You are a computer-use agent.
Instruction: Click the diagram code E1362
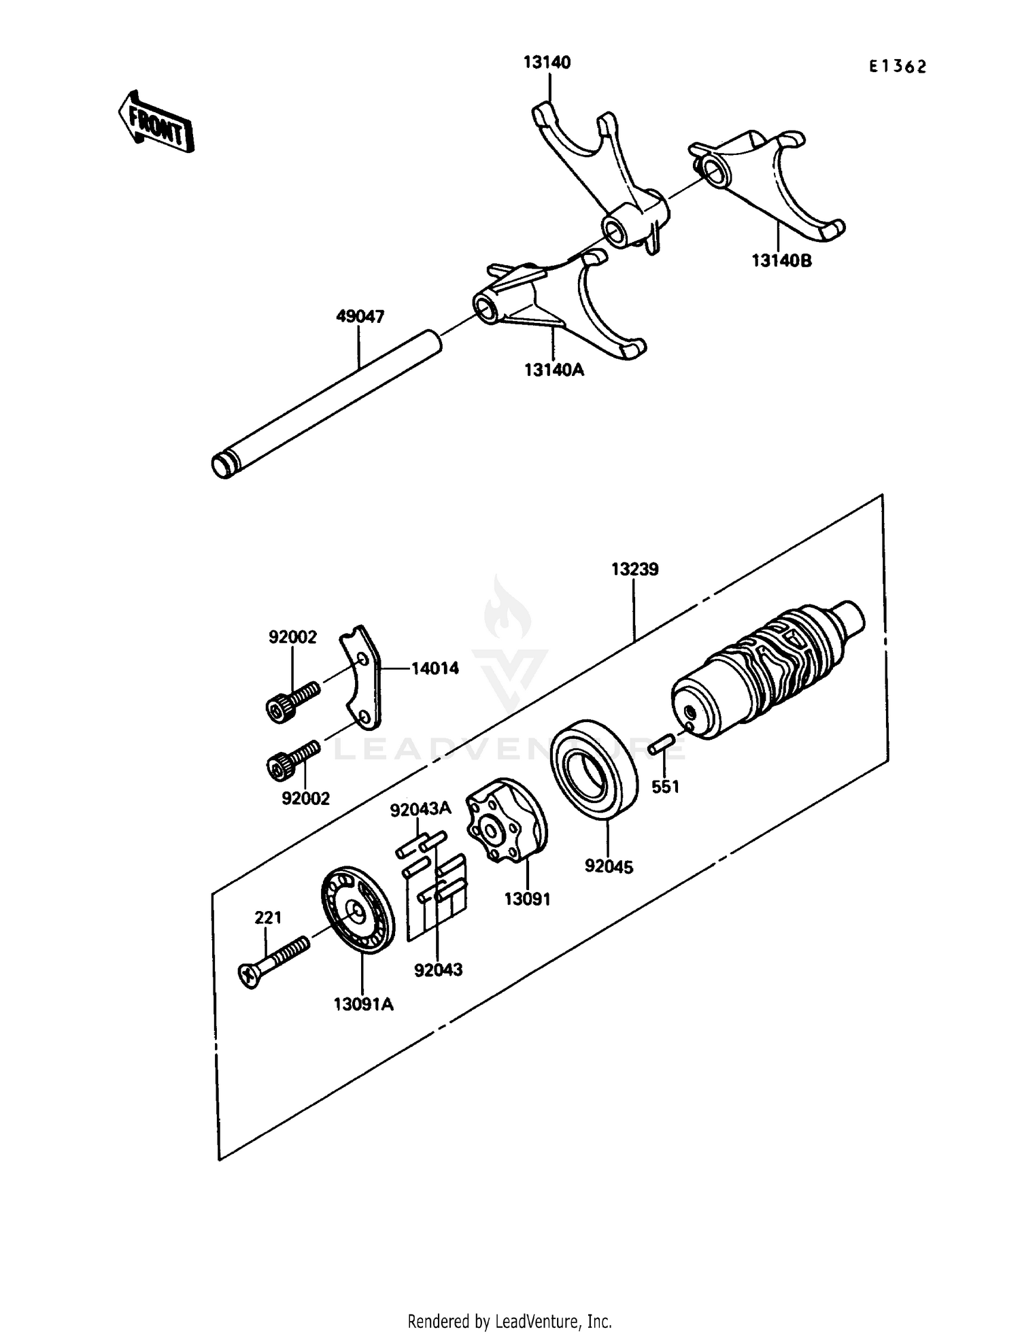tap(898, 67)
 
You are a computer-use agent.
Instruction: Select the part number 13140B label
tap(781, 260)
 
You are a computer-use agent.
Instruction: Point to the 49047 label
tap(360, 316)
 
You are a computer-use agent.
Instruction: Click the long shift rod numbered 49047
tap(326, 401)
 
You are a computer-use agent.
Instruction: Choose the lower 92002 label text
tap(305, 798)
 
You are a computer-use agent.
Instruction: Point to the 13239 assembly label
tap(634, 568)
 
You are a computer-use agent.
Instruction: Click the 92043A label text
tap(420, 808)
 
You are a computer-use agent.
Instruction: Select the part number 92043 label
tap(438, 970)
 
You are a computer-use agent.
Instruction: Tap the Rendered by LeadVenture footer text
tap(509, 1322)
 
